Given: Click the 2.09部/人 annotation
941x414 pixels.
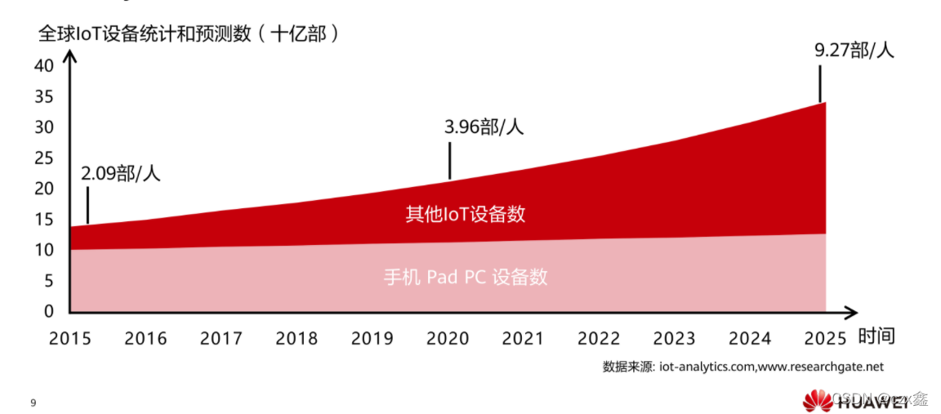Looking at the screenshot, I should (121, 173).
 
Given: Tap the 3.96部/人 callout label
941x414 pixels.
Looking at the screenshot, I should (484, 127).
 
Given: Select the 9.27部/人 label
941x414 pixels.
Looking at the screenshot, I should (854, 50).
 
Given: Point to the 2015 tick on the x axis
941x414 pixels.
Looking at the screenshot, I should (70, 338).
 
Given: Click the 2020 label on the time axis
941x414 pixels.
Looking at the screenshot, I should (448, 338).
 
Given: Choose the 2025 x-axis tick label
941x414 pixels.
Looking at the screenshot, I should (826, 338).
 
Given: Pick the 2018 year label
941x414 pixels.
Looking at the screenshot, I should (297, 338).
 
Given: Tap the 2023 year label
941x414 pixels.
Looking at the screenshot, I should (675, 338).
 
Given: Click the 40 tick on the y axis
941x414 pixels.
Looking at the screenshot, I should (43, 65).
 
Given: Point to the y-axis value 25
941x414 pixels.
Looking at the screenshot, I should (43, 158).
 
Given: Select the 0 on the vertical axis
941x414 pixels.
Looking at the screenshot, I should (48, 311).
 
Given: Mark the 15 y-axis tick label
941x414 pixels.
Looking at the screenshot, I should (43, 219).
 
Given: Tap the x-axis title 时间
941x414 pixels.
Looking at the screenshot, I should (876, 336).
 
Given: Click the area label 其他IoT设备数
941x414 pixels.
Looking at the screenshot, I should (466, 215).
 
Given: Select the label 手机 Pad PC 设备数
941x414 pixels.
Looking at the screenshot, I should (466, 277).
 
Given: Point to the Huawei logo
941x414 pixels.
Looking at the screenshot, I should (817, 400).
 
